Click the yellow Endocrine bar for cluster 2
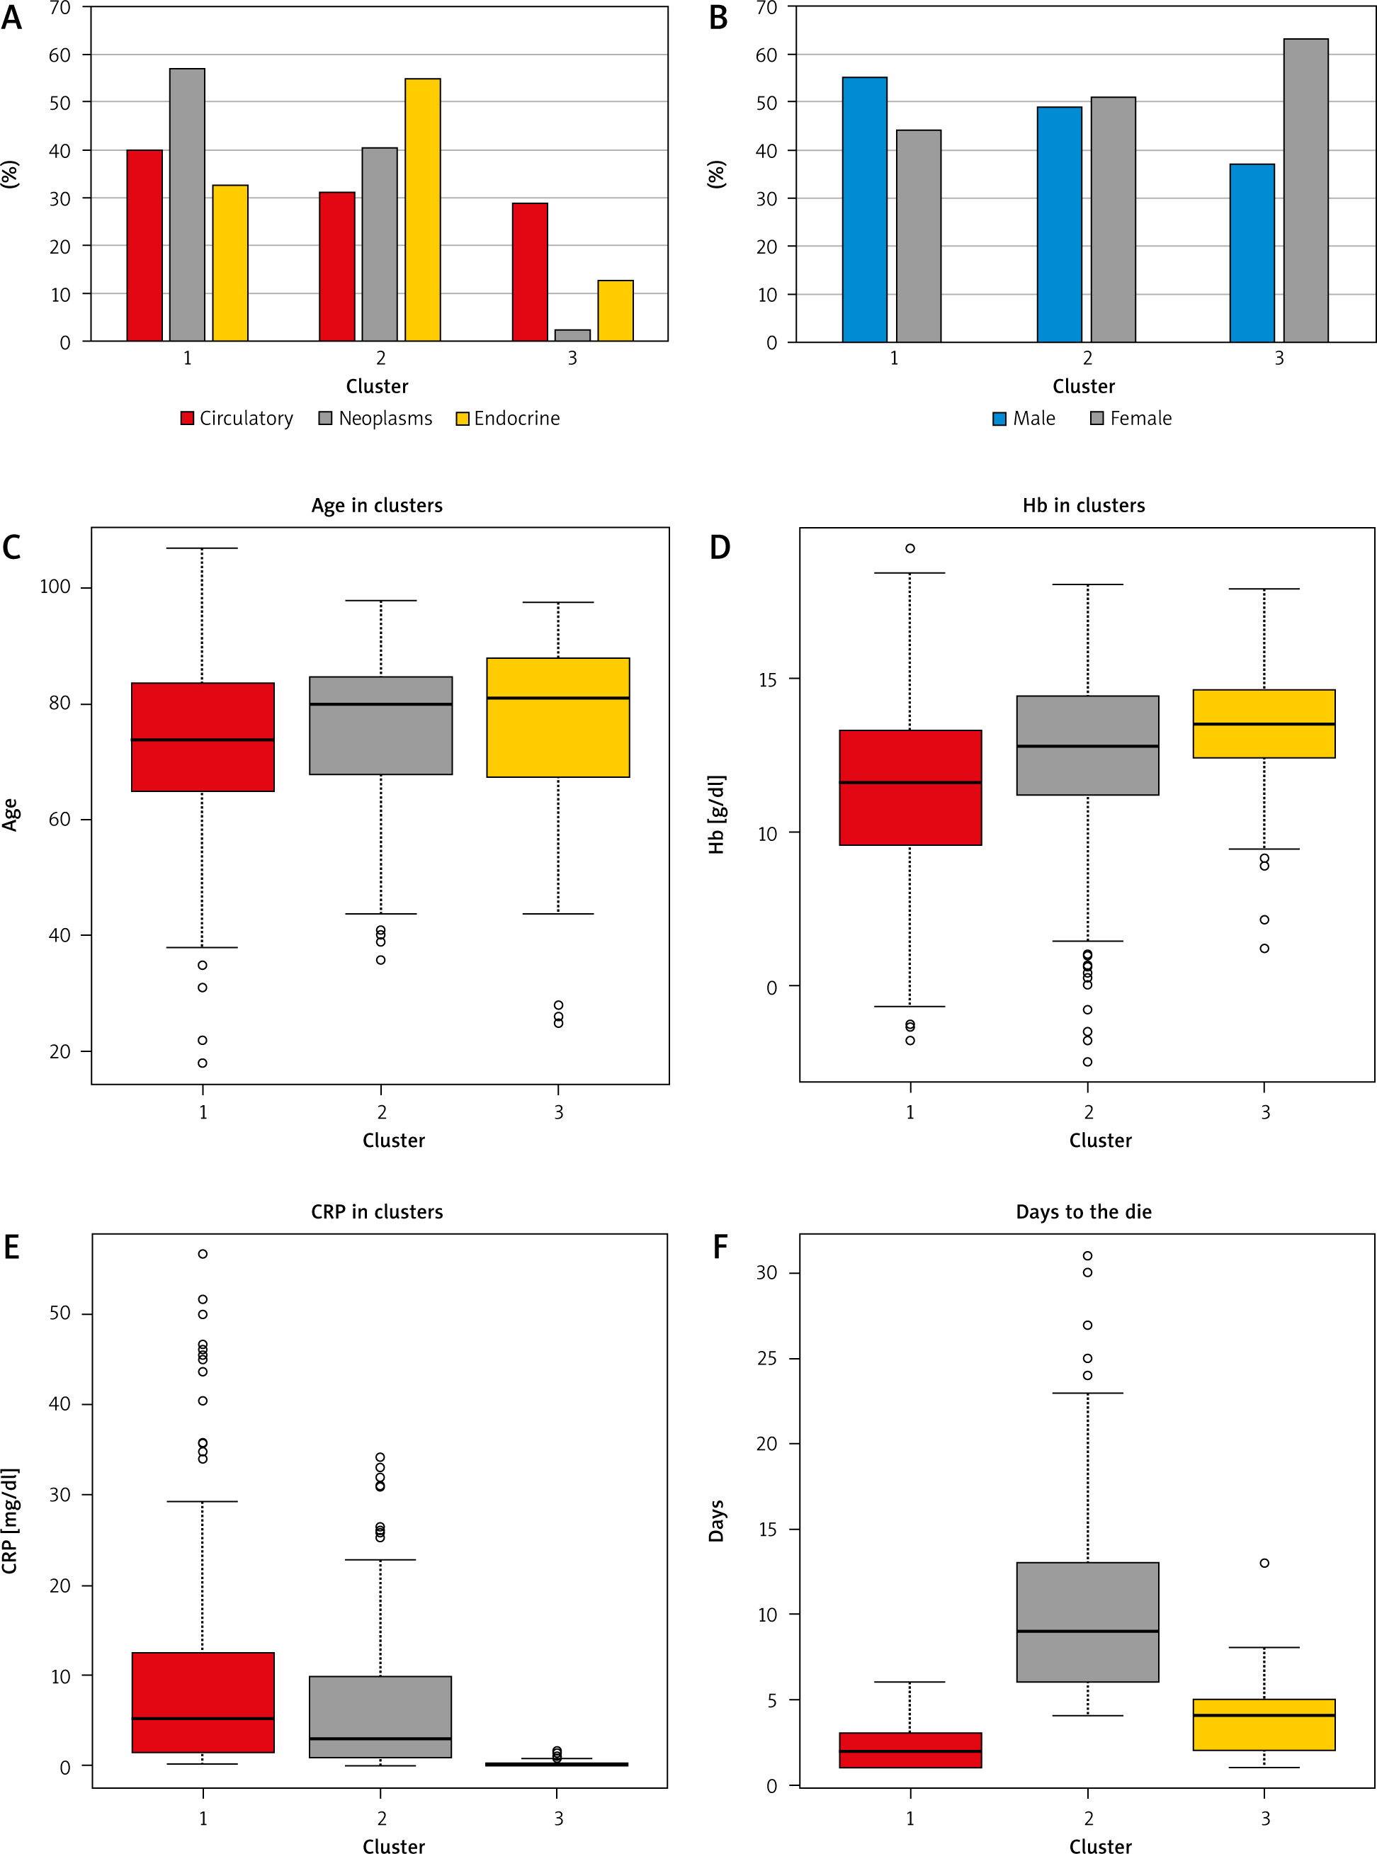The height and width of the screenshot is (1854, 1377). tap(423, 210)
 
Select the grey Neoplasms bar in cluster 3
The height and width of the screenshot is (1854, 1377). tap(572, 335)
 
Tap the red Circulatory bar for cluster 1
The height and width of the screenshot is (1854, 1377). tap(144, 246)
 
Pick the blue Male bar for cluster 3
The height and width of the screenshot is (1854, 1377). tap(1252, 254)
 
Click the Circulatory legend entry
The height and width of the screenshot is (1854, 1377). tap(237, 419)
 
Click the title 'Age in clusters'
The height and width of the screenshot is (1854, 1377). tap(377, 505)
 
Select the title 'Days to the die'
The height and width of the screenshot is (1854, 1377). tap(1084, 1212)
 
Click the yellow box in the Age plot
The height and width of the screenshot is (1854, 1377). tap(557, 718)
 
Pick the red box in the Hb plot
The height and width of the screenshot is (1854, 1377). tap(910, 788)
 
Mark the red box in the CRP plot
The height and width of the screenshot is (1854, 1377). tap(203, 1702)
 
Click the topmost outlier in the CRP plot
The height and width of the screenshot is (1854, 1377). tap(203, 1254)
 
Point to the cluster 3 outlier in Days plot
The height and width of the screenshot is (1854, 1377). tap(1264, 1563)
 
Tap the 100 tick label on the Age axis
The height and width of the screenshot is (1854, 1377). tap(55, 587)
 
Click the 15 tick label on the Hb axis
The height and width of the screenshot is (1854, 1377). tap(767, 679)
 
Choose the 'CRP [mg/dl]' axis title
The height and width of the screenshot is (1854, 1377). tap(10, 1521)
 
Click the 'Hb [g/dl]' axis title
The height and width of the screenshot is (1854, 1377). tap(716, 815)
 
